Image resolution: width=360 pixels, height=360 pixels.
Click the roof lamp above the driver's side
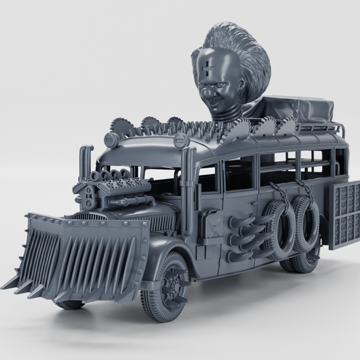(x=181, y=140)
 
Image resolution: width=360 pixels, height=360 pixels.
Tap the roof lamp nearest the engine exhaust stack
(x=111, y=139)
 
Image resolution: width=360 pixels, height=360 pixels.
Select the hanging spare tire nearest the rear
(x=306, y=224)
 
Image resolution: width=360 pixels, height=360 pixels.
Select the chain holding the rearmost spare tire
(x=304, y=190)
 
